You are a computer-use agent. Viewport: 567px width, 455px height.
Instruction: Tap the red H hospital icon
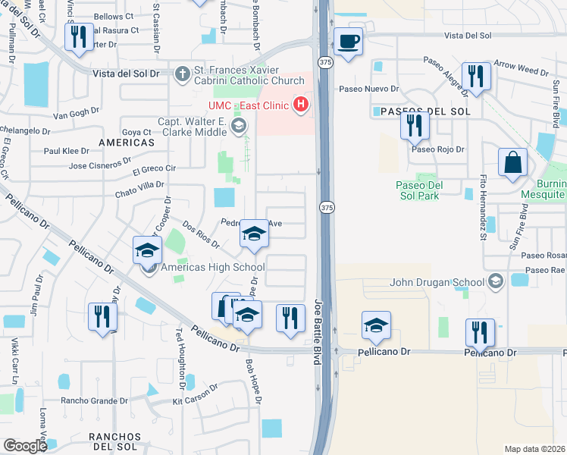[x=302, y=104]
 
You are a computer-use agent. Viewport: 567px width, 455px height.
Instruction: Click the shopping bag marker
[x=513, y=162]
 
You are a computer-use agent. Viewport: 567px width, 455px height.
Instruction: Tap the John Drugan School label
[x=437, y=283]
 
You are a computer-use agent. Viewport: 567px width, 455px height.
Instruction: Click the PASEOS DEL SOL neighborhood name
[x=421, y=111]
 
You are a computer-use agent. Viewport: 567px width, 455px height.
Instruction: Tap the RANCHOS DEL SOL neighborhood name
[x=114, y=442]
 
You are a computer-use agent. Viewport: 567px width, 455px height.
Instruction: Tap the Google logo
[x=25, y=446]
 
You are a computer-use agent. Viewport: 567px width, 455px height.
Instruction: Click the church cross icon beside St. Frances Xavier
[x=181, y=74]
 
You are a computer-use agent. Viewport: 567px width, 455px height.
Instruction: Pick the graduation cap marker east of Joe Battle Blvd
[x=376, y=325]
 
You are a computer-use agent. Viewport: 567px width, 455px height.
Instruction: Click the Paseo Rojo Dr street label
[x=437, y=149]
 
